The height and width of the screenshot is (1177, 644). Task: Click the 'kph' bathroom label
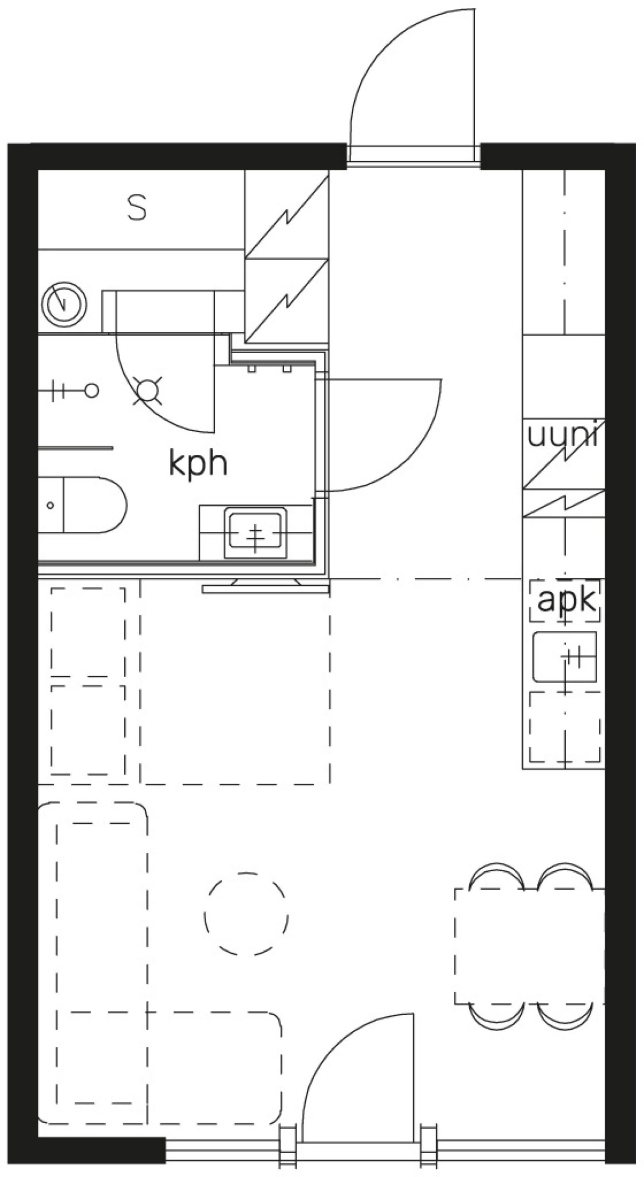click(198, 465)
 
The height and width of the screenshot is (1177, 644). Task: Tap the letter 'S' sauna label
click(137, 207)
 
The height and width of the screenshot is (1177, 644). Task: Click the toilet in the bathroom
click(82, 505)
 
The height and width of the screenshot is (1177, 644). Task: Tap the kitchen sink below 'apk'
click(564, 657)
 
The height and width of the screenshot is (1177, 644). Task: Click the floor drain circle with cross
click(148, 391)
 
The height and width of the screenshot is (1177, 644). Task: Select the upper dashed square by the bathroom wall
click(87, 632)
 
